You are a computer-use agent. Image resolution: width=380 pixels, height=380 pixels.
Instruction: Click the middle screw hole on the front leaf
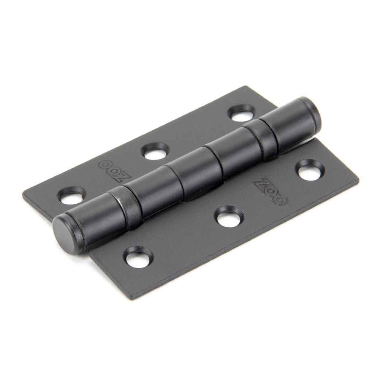point(229,218)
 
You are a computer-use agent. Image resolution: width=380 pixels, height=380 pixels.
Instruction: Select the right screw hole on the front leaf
point(310,171)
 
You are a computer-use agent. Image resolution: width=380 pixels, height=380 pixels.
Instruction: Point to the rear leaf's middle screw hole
point(155,152)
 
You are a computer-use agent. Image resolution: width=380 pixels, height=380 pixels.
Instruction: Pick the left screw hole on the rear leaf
point(71,196)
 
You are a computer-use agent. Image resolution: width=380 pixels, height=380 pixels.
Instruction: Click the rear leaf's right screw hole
point(242,114)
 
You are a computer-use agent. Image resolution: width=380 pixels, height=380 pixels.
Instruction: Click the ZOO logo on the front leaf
point(270,191)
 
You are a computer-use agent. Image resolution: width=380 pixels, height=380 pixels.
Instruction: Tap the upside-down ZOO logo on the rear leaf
point(115,171)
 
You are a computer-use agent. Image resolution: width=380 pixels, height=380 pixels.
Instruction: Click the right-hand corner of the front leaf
point(358,180)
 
